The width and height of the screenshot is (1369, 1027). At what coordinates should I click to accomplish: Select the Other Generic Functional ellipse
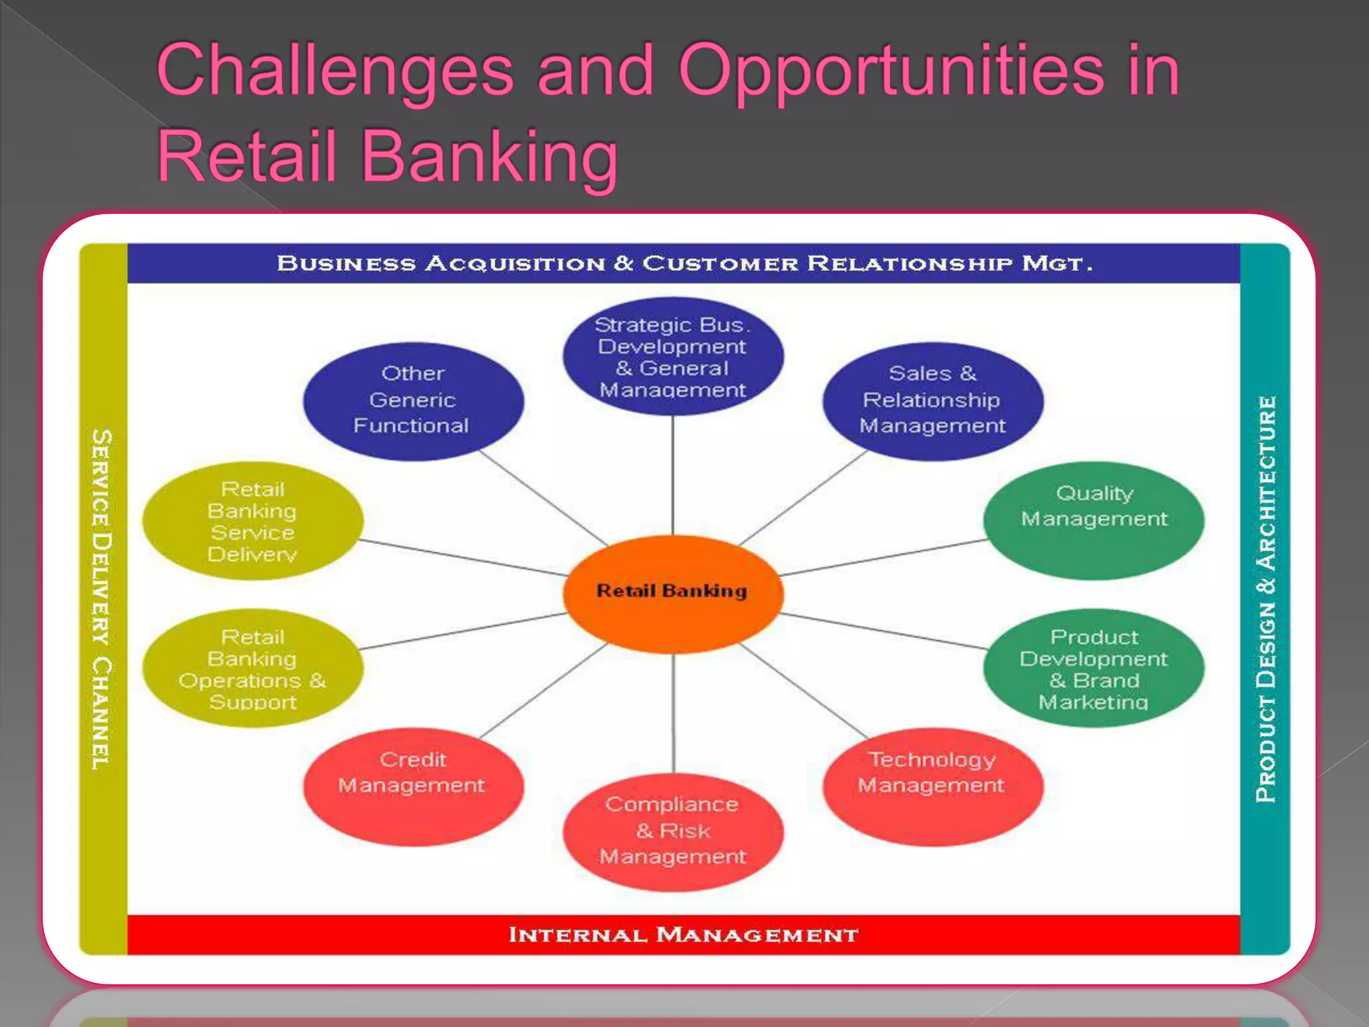tap(412, 401)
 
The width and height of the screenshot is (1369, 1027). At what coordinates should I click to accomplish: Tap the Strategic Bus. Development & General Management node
tap(672, 357)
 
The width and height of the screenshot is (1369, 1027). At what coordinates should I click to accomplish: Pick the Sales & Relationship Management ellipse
tap(932, 401)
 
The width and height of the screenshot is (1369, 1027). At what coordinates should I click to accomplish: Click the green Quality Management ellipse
tap(1094, 520)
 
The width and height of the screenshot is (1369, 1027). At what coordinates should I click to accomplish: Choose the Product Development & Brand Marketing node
tap(1094, 668)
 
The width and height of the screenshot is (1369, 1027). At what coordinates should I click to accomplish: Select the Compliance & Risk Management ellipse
tap(672, 831)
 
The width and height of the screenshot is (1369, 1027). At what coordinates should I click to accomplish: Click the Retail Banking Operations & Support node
tap(253, 668)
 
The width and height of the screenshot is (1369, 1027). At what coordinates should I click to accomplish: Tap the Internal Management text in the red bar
tap(683, 935)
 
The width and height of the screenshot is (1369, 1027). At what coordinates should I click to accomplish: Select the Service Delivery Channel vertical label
tap(102, 598)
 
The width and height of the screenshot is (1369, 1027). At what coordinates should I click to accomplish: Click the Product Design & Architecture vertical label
tap(1265, 598)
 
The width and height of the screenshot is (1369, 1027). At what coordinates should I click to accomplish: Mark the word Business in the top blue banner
tap(346, 263)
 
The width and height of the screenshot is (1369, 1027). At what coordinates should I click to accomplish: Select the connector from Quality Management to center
tap(882, 557)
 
